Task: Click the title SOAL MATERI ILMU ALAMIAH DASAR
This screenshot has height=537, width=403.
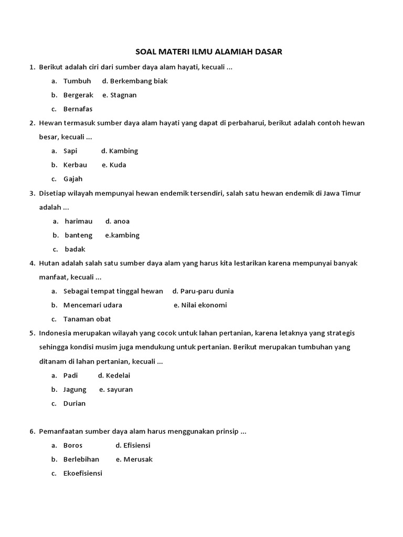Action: click(x=209, y=52)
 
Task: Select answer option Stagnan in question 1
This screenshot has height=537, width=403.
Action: click(x=123, y=95)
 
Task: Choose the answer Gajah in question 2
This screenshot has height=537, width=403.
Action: click(x=73, y=179)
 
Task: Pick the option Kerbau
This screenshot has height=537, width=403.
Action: click(x=75, y=165)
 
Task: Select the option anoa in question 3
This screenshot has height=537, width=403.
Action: click(x=121, y=221)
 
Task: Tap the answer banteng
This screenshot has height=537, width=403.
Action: click(x=78, y=235)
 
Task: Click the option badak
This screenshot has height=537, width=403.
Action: click(x=75, y=249)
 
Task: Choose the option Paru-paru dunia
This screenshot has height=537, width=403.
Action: click(x=207, y=291)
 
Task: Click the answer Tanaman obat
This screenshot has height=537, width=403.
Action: click(x=87, y=319)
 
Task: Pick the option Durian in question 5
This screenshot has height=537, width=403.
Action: click(x=75, y=403)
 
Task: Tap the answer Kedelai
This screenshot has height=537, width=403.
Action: click(x=118, y=375)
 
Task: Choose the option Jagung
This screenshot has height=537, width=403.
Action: click(x=75, y=390)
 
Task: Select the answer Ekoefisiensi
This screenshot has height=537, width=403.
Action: click(x=83, y=473)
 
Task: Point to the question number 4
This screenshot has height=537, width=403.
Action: click(x=32, y=263)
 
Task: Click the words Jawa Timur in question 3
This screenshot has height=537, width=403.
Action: click(x=343, y=194)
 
